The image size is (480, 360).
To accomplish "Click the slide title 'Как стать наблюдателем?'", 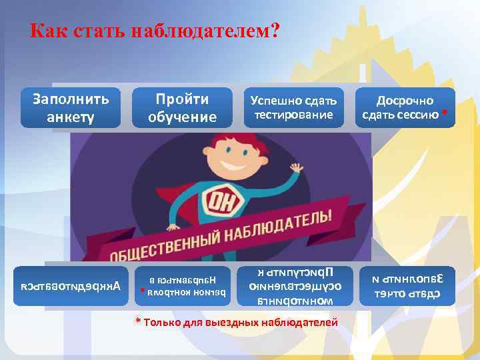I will point(155,31).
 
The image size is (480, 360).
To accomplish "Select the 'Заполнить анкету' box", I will point(70,108).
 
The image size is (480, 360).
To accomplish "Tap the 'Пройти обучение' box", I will point(182,108).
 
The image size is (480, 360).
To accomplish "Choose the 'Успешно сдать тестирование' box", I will point(294,108).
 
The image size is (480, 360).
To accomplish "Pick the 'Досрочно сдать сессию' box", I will point(406,108).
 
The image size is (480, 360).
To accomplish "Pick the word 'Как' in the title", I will point(46,31).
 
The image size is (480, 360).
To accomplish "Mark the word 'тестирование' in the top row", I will point(294,115).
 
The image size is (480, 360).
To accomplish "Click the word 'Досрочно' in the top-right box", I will point(405,101).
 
